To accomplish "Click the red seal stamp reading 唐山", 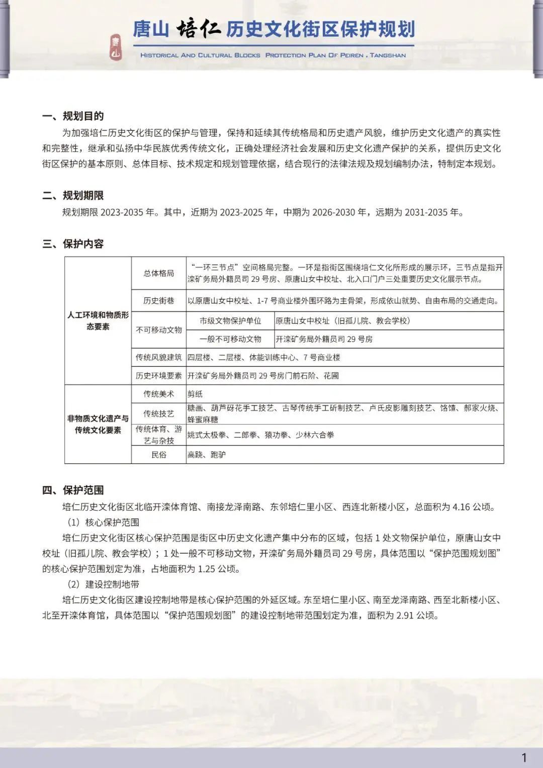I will (116, 47).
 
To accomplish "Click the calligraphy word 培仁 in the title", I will (198, 29).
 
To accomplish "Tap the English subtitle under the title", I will (273, 55).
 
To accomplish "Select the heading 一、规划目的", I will (73, 116).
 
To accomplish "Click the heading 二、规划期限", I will (73, 196).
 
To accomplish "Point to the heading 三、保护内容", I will (73, 244).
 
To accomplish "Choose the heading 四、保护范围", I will (73, 490).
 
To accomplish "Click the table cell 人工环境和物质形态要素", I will (98, 321).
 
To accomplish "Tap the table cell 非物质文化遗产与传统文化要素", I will (98, 424).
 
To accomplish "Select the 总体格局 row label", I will (159, 273).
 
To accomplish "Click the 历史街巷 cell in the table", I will (159, 301).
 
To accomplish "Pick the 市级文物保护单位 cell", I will (230, 321).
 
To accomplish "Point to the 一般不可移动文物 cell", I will (230, 339).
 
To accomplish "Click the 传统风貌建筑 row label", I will (159, 357).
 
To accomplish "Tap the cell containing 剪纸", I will (195, 394).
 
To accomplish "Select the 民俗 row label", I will (159, 455).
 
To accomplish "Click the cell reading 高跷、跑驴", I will (207, 455).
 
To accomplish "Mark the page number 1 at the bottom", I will (524, 757).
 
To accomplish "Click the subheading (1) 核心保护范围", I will (103, 522).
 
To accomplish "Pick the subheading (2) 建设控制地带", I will (103, 584).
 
